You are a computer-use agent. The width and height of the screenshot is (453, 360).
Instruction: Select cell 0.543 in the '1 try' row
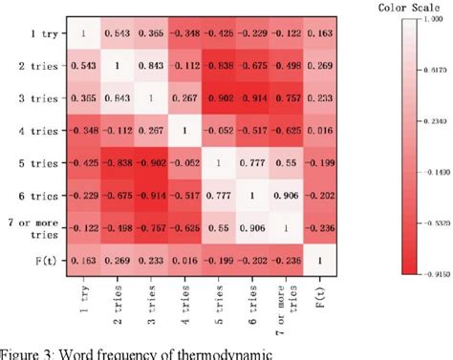coord(122,35)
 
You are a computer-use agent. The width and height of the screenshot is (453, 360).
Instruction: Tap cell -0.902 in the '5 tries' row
coord(156,161)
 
